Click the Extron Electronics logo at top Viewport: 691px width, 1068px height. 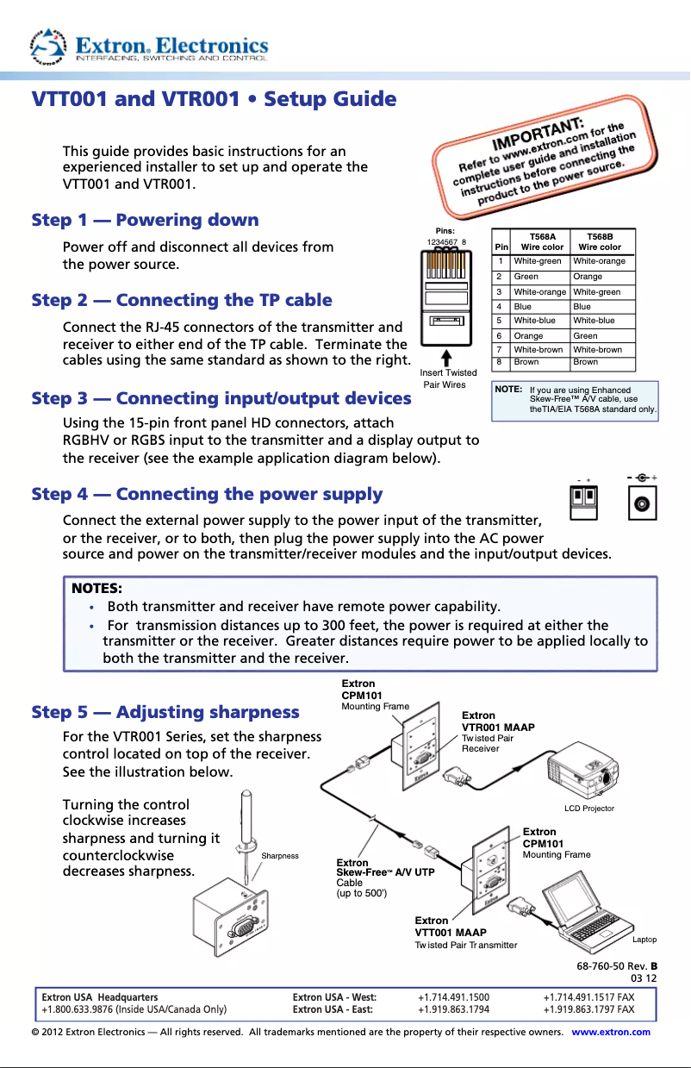pyautogui.click(x=151, y=47)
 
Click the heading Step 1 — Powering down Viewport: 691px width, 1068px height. pyautogui.click(x=145, y=220)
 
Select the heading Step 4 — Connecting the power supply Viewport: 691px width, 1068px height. pyautogui.click(x=207, y=494)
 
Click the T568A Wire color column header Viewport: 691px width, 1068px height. pyautogui.click(x=541, y=241)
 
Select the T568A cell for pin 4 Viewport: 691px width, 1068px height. pyautogui.click(x=522, y=306)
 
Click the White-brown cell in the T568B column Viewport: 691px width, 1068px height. pyautogui.click(x=598, y=349)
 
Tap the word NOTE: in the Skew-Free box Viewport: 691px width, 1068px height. pyautogui.click(x=507, y=390)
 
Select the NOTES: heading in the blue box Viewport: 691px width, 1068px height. pyautogui.click(x=96, y=589)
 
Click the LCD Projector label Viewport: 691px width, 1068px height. pyautogui.click(x=589, y=809)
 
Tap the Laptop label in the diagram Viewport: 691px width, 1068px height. pyautogui.click(x=644, y=940)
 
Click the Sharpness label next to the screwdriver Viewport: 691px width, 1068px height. pyautogui.click(x=280, y=856)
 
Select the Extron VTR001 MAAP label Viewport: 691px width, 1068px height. pyautogui.click(x=498, y=721)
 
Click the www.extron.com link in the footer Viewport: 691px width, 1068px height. pyautogui.click(x=611, y=1032)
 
